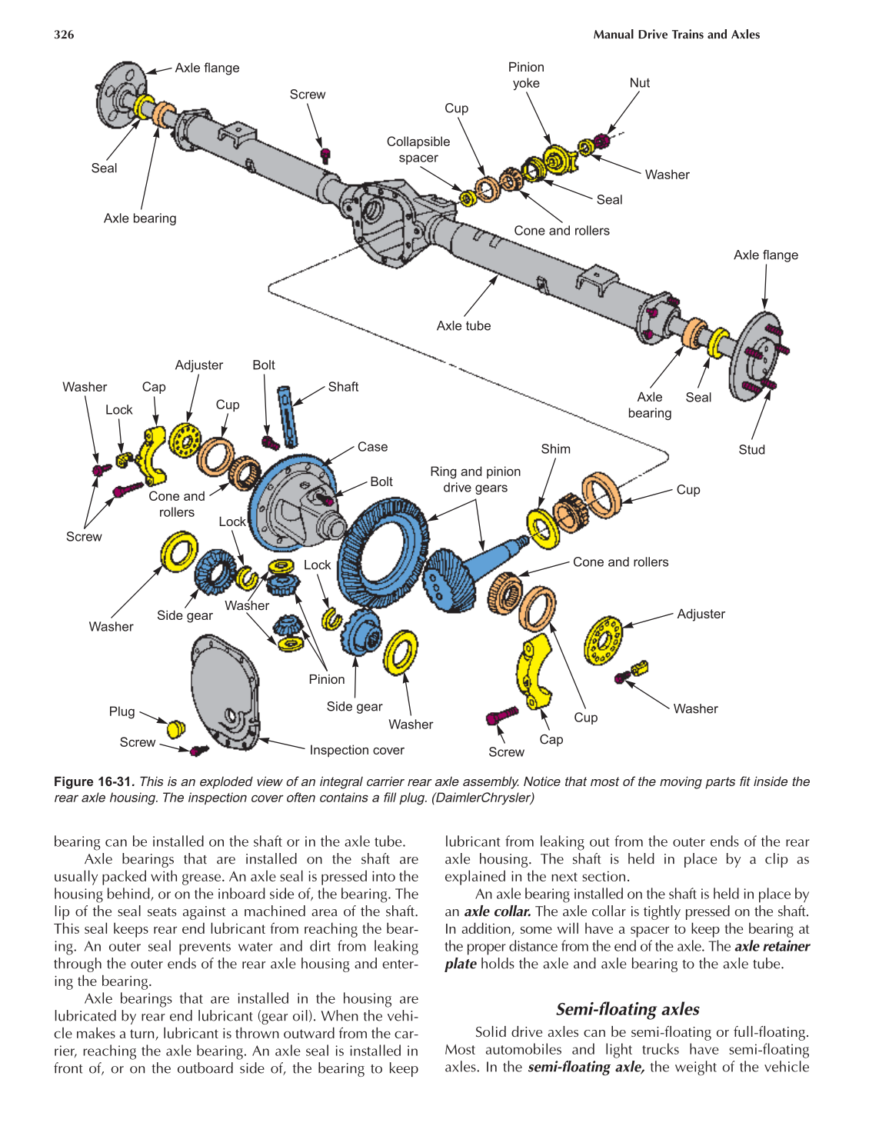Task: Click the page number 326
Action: coord(64,35)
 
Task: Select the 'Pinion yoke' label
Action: coord(526,75)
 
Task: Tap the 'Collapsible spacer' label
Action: coord(418,150)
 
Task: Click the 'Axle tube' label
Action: coord(463,326)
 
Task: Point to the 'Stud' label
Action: coord(751,450)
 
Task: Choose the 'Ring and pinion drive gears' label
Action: coord(475,479)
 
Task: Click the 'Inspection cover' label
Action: coord(357,750)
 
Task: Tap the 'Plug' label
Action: coord(122,711)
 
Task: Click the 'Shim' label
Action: coord(555,449)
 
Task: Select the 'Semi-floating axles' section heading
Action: coord(628,1009)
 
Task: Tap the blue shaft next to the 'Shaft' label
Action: coord(288,416)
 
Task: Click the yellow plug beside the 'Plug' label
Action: coord(176,728)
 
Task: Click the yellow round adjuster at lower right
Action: coord(603,639)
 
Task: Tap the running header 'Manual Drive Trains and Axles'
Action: coord(676,35)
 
